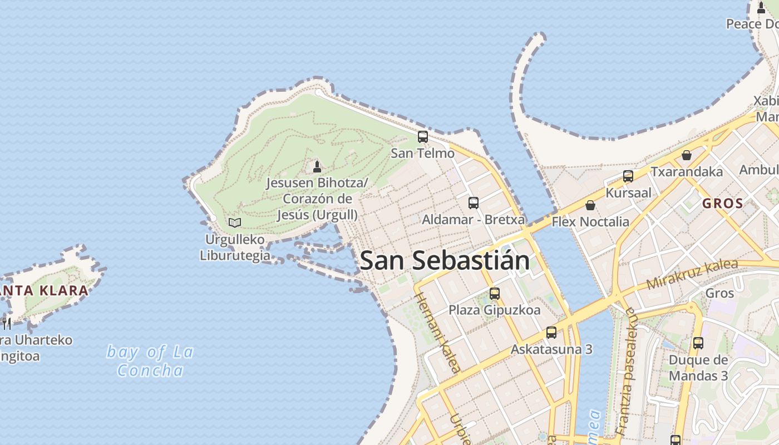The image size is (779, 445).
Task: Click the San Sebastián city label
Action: [x=445, y=261]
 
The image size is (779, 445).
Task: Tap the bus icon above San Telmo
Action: [x=423, y=136]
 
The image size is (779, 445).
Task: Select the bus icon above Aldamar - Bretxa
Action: [x=474, y=203]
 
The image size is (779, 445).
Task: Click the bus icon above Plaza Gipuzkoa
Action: [x=495, y=294]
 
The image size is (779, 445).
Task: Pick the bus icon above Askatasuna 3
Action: [x=551, y=333]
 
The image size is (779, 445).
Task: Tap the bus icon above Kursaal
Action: [x=628, y=176]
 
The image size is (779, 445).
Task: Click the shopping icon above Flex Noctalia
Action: [x=590, y=205]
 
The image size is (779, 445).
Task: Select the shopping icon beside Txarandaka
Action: [x=687, y=155]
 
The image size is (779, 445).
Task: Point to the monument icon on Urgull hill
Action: [x=317, y=166]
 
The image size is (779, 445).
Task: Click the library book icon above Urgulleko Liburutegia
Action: [x=235, y=222]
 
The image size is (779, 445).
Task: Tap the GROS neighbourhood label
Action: [x=723, y=204]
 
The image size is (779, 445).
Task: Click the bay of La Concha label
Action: [x=150, y=361]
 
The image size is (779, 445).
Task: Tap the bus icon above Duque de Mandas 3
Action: [x=698, y=343]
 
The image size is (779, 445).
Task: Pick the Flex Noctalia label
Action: [x=590, y=222]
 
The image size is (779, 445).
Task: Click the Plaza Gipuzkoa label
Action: [x=495, y=310]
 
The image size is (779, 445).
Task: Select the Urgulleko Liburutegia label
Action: [x=235, y=248]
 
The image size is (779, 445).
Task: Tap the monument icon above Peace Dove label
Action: [x=761, y=8]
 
